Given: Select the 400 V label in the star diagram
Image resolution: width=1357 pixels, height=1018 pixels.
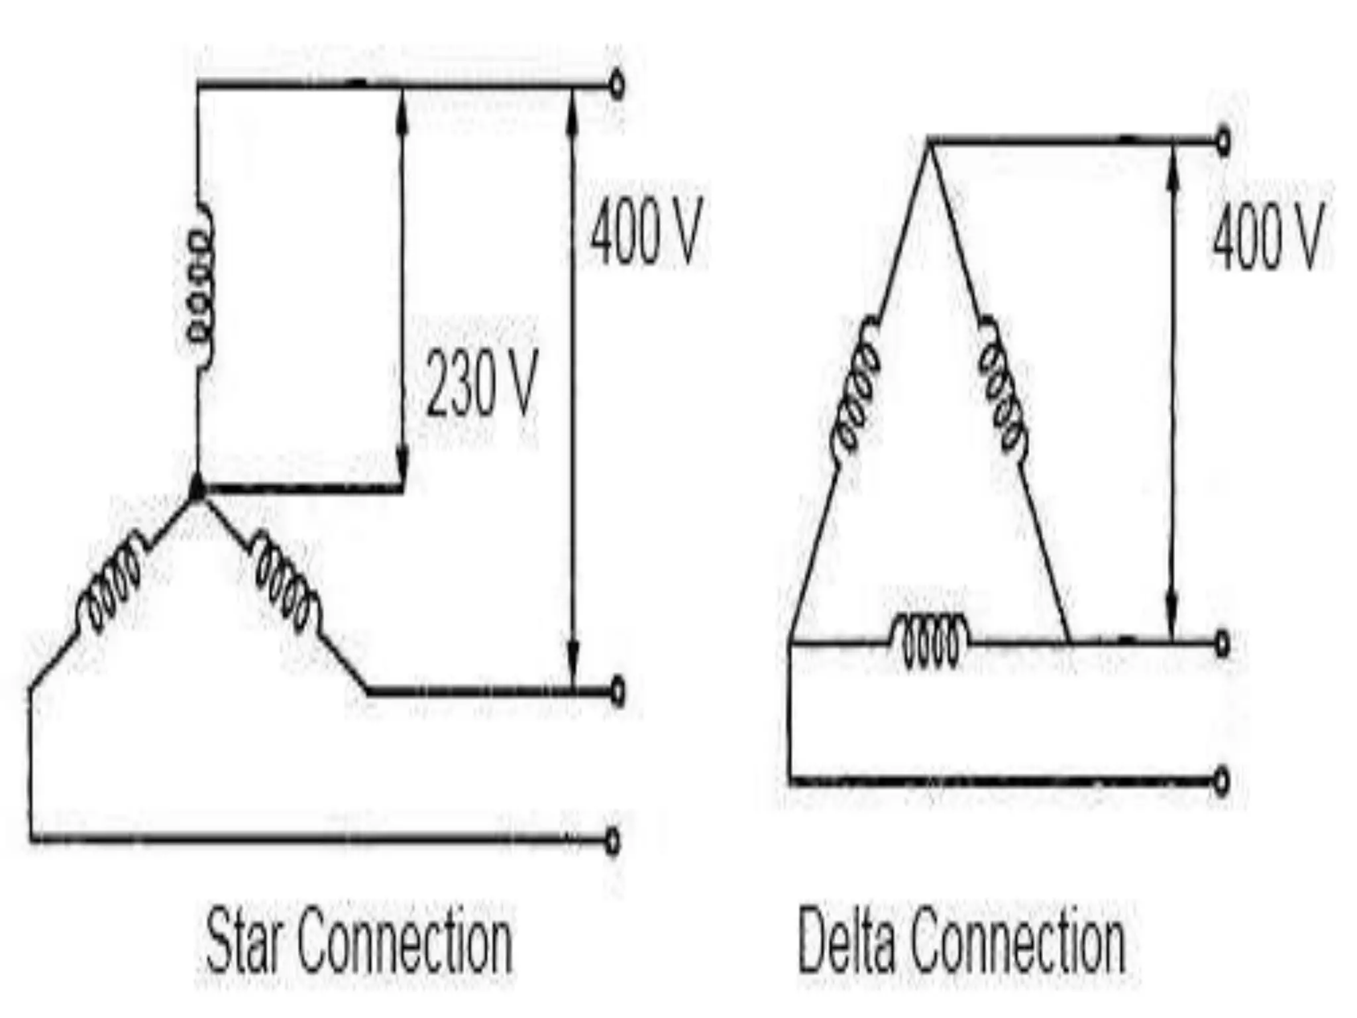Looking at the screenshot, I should (x=645, y=231).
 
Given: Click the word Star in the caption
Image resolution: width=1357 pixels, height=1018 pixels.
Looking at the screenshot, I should (x=246, y=941).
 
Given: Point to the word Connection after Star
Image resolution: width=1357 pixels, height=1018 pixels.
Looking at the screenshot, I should (x=405, y=941).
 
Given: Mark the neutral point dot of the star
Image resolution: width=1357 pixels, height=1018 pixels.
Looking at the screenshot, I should (x=197, y=488).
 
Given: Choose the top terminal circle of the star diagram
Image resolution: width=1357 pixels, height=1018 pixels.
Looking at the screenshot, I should (x=617, y=85).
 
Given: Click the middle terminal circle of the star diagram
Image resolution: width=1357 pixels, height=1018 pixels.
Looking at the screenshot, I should (x=617, y=692).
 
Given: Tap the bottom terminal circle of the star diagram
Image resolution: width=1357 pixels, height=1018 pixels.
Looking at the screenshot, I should (x=614, y=841).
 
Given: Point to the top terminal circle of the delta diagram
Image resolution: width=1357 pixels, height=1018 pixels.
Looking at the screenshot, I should (x=1223, y=141).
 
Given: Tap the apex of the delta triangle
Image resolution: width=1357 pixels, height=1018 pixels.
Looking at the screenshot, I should (x=928, y=142).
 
